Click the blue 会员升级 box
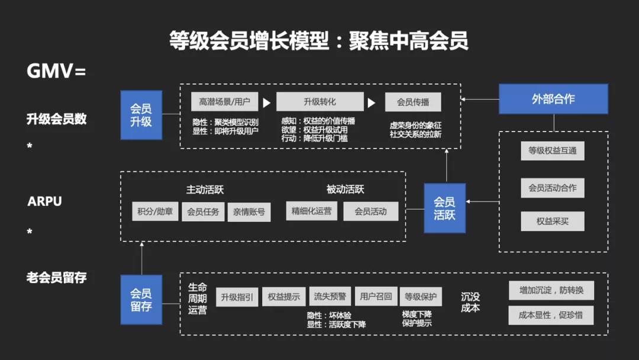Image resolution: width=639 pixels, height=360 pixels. coord(141,115)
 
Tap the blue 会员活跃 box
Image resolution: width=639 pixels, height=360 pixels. coord(444,208)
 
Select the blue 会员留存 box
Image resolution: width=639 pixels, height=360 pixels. coord(141,300)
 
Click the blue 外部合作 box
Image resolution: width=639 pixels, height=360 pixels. coord(553,99)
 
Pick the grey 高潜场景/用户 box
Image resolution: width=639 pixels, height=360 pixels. coord(224,102)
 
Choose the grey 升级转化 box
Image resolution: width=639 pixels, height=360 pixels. coord(319,102)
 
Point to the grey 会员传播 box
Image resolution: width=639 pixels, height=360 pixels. coord(413,102)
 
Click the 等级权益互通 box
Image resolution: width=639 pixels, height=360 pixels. coord(553,150)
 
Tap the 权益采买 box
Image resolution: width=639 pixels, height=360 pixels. coord(553,221)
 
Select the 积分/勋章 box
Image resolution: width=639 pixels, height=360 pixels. coord(155,211)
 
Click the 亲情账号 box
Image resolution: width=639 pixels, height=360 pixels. coord(248,211)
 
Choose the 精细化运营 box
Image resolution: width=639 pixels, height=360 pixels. coord(311,211)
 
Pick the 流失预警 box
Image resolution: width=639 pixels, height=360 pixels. coord(330,297)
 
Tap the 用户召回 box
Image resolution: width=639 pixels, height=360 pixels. coord(376,297)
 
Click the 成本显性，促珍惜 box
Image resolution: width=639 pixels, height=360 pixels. coord(551,315)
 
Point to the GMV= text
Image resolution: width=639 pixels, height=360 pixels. coord(56,71)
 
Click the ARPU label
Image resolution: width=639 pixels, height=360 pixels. coord(45,201)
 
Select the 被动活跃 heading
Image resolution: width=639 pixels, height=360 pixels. coord(345,189)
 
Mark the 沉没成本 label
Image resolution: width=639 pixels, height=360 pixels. coord(470,302)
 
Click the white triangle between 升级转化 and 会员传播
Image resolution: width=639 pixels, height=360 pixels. coord(372,103)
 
